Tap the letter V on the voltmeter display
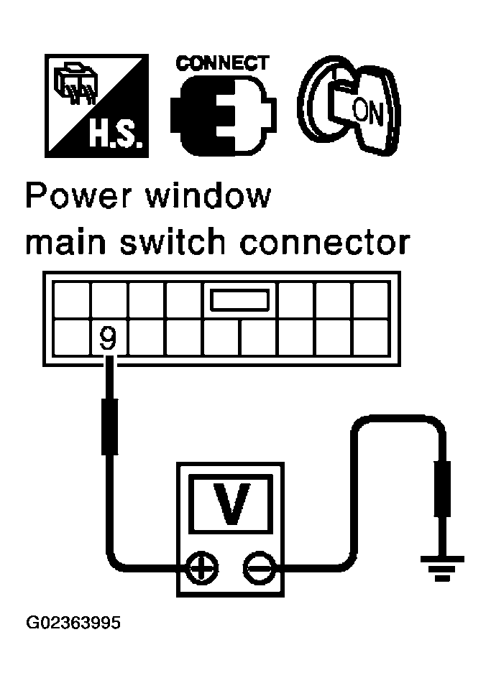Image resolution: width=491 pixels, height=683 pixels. click(x=231, y=503)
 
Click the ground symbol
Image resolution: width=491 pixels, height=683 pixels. click(x=442, y=568)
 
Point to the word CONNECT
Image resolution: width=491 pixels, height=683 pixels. click(x=222, y=64)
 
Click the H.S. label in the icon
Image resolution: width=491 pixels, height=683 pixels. click(x=115, y=135)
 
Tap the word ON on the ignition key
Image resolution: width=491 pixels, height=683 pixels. click(x=368, y=111)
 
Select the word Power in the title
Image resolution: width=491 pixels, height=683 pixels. click(x=77, y=197)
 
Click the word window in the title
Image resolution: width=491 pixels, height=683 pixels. click(x=208, y=197)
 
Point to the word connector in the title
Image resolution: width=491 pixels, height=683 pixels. click(x=325, y=242)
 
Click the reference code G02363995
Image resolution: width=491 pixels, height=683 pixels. click(x=73, y=623)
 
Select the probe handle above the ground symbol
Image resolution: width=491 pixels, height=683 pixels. click(x=442, y=488)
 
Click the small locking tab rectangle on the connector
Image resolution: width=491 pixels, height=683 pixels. click(x=239, y=300)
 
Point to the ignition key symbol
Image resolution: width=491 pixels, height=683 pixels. click(x=349, y=105)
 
